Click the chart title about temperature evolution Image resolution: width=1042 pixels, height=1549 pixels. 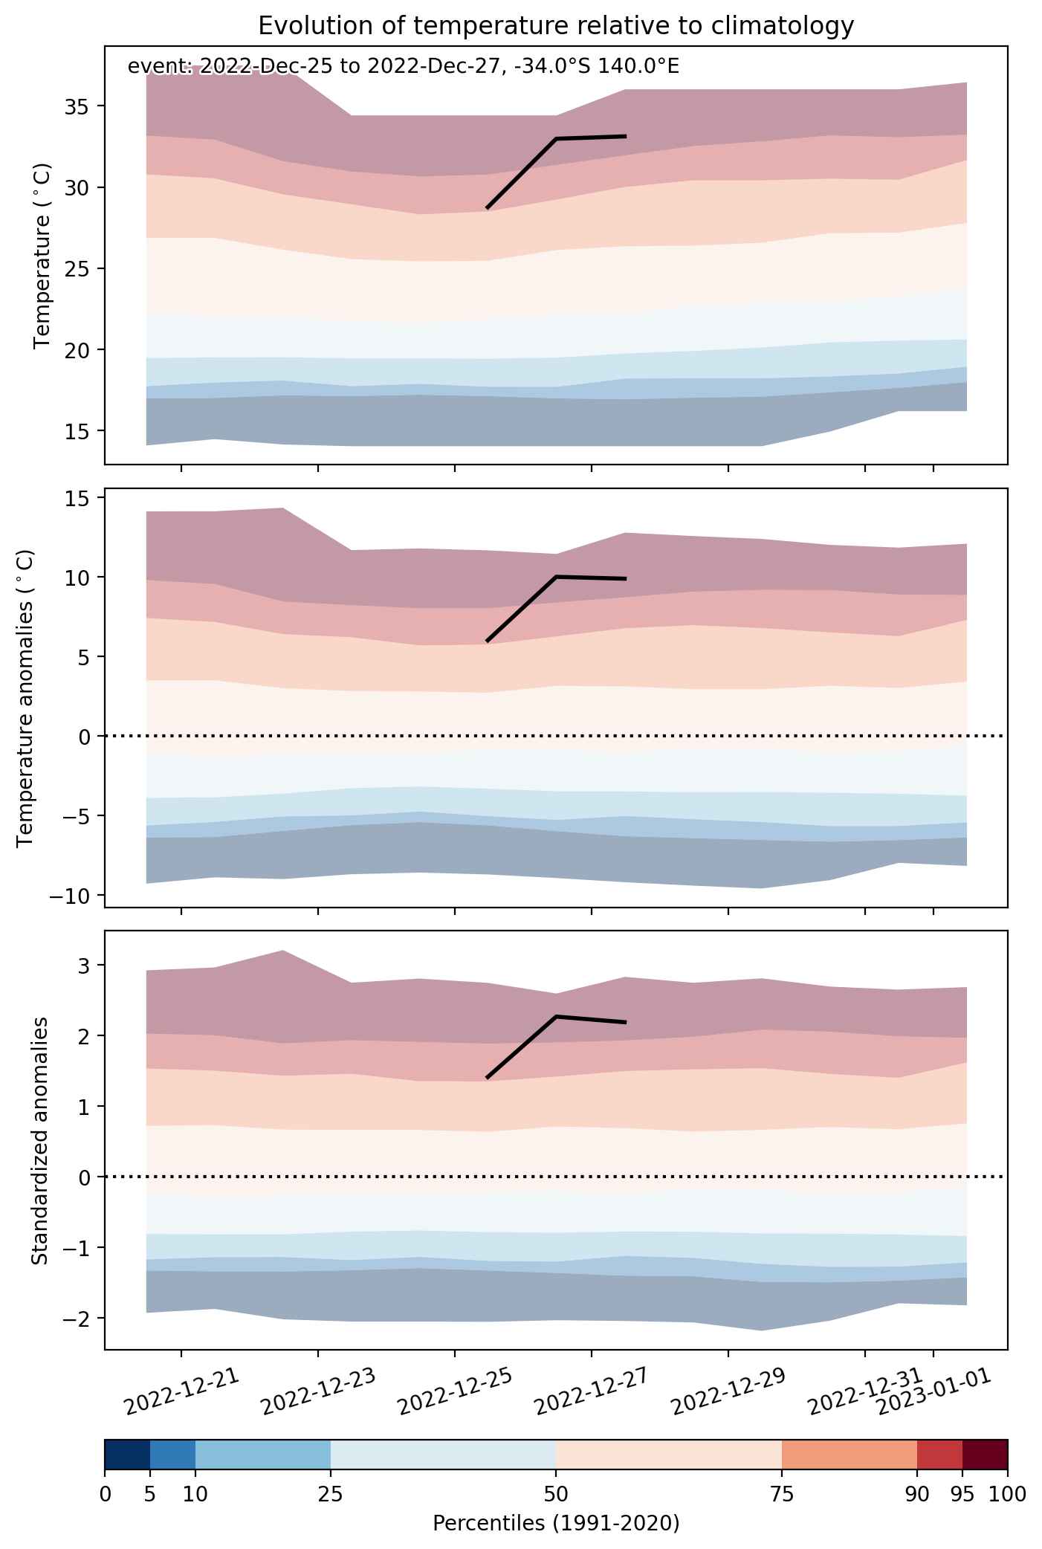(556, 26)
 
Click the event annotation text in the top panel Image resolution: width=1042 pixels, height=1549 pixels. (404, 67)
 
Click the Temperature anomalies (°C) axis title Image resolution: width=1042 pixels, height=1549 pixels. (26, 697)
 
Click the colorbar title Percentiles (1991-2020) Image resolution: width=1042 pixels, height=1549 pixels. (556, 1524)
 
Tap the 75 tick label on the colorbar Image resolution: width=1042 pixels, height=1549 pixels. (782, 1495)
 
